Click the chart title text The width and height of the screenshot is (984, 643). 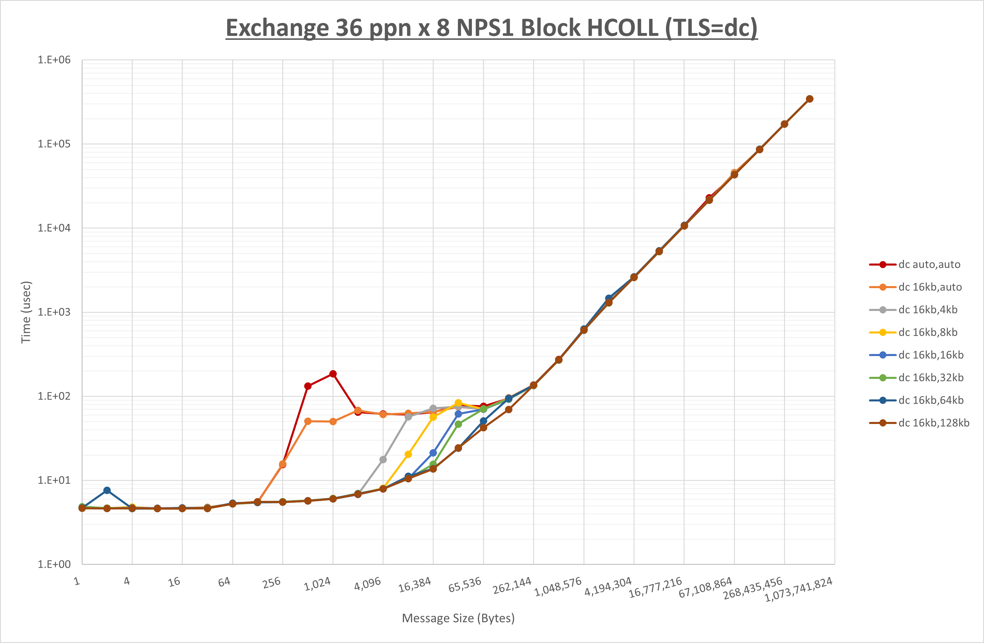click(492, 28)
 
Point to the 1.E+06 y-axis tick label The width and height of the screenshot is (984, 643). click(54, 60)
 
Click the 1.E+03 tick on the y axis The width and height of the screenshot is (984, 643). click(54, 312)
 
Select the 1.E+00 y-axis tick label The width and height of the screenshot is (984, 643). click(54, 565)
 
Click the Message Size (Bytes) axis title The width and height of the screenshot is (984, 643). click(458, 618)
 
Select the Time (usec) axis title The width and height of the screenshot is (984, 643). click(26, 312)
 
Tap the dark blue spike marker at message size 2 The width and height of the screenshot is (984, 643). click(107, 490)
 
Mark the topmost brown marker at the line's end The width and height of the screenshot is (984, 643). click(810, 99)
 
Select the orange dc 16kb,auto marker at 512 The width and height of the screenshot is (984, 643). click(308, 421)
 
